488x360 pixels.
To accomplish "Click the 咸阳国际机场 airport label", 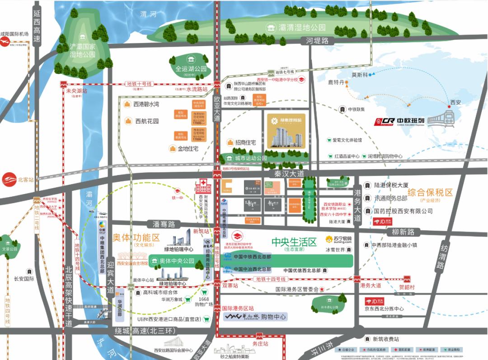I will point(14,34).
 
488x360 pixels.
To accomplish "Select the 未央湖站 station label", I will point(76,90).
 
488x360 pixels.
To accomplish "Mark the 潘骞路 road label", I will point(163,224).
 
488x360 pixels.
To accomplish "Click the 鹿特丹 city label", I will point(336,83).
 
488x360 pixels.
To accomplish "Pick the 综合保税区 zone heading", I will point(430,192).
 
